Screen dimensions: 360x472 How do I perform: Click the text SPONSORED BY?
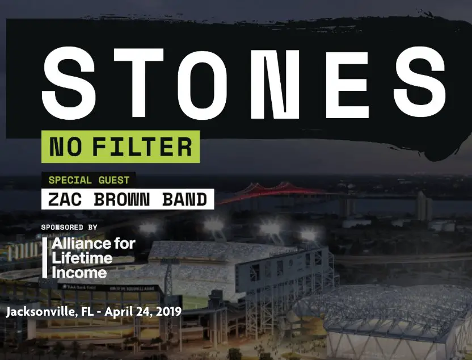click(x=69, y=227)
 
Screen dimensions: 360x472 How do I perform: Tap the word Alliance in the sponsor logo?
click(x=94, y=244)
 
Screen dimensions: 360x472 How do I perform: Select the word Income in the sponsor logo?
click(x=79, y=273)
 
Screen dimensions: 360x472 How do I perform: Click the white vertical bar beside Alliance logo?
click(x=45, y=258)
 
